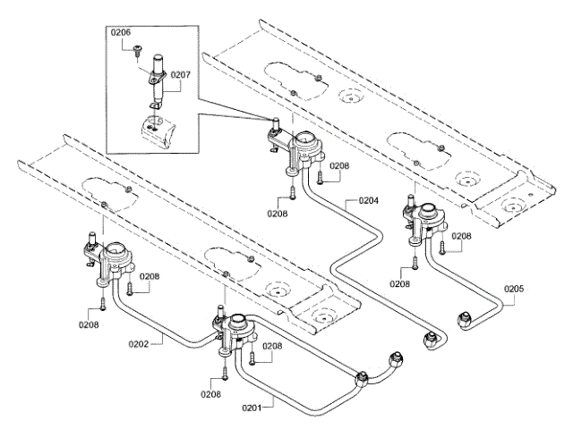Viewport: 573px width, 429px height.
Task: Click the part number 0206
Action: click(x=121, y=32)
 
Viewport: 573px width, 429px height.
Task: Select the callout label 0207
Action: click(x=181, y=75)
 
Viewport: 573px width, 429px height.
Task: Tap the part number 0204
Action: click(x=368, y=200)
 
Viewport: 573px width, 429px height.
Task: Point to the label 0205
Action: click(x=514, y=289)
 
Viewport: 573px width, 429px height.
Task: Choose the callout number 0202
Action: click(x=139, y=344)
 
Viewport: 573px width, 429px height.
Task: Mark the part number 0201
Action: click(x=252, y=408)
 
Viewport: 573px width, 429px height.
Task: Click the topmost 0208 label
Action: click(x=339, y=166)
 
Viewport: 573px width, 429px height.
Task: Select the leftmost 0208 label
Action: click(x=89, y=324)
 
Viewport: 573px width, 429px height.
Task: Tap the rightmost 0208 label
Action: click(x=461, y=236)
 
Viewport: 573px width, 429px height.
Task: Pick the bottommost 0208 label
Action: click(x=210, y=394)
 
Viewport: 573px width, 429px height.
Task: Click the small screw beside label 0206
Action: click(x=138, y=51)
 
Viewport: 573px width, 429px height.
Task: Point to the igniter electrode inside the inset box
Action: click(x=158, y=80)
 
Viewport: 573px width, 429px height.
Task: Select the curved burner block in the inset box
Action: click(x=158, y=132)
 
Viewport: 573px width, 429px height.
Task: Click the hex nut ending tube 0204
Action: click(x=429, y=341)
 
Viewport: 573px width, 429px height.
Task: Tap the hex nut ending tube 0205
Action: click(x=464, y=319)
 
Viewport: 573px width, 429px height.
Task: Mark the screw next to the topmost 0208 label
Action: click(x=321, y=178)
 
